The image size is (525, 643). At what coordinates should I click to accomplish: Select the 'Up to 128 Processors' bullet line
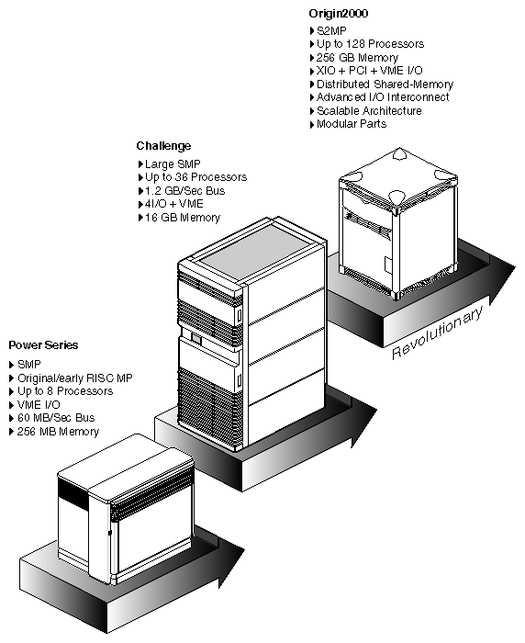click(365, 43)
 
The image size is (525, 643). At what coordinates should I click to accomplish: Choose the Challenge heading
click(163, 146)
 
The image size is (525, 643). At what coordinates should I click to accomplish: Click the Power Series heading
click(43, 345)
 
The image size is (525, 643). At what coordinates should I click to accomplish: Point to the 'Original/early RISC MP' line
click(70, 378)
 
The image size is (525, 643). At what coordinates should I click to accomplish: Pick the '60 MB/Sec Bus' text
click(56, 418)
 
